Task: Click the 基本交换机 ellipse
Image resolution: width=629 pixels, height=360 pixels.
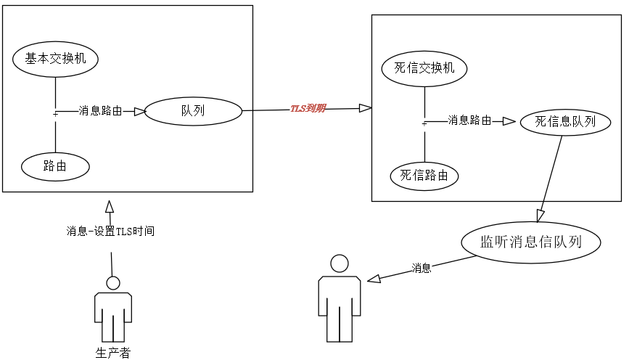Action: click(56, 59)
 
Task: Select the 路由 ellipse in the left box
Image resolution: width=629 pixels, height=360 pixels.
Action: click(55, 167)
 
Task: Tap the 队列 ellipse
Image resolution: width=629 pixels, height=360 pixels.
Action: click(193, 111)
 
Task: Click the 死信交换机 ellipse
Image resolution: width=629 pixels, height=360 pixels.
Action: click(424, 68)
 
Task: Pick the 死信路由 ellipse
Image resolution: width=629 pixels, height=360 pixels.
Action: click(424, 175)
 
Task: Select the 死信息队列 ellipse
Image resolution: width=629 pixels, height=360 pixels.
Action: click(565, 122)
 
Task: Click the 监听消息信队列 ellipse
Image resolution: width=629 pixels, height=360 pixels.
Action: click(532, 242)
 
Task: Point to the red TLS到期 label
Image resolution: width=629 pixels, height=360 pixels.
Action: click(308, 109)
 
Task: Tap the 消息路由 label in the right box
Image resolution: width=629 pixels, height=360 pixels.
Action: click(469, 120)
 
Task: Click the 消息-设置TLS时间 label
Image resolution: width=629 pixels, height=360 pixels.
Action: click(110, 232)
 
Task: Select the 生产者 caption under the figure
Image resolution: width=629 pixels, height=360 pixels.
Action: click(113, 353)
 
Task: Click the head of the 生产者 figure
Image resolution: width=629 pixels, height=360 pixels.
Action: click(112, 283)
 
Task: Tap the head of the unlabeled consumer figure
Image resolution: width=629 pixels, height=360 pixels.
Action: click(339, 263)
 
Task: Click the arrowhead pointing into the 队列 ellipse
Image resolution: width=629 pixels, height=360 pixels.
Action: click(139, 111)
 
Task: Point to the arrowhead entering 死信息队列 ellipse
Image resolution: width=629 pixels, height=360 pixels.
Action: click(509, 121)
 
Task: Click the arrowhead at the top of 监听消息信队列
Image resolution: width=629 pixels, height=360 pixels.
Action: click(540, 215)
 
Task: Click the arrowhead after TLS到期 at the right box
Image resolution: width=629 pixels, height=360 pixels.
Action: click(365, 108)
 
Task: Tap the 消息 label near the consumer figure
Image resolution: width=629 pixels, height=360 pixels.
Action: click(422, 268)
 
